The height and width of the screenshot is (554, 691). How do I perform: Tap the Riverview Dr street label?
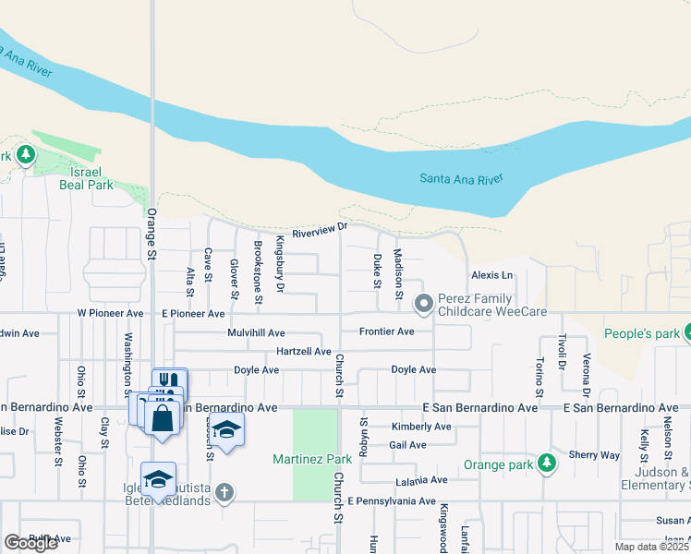[x=319, y=232]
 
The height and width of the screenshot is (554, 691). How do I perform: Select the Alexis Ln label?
[x=491, y=275]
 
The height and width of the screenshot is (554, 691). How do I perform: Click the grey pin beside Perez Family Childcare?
[x=424, y=303]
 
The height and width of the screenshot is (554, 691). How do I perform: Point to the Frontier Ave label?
[x=386, y=331]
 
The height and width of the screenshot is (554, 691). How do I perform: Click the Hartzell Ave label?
[x=304, y=352]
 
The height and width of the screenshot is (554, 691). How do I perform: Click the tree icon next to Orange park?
[x=547, y=462]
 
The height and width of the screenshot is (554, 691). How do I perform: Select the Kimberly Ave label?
[x=421, y=427]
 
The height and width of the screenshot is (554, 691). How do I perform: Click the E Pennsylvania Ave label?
[x=392, y=501]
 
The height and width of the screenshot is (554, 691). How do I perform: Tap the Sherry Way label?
[x=594, y=455]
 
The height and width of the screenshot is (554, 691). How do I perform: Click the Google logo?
[x=31, y=543]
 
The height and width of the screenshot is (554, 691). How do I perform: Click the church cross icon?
[x=224, y=492]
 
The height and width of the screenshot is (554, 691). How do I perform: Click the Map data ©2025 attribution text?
[x=650, y=547]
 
